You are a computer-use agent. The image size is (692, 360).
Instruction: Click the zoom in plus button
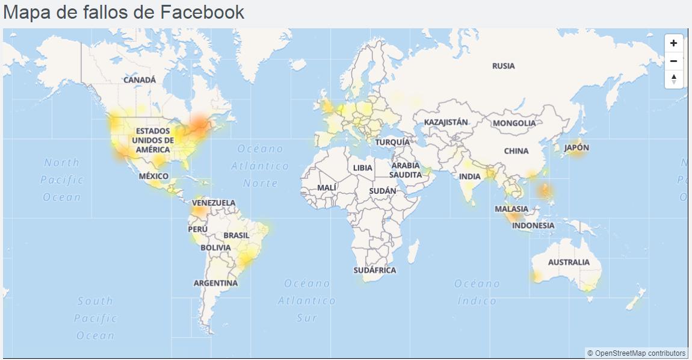tap(673, 43)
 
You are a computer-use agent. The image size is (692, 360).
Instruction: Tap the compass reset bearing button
tap(673, 79)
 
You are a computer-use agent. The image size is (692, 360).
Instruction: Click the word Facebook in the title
tap(202, 12)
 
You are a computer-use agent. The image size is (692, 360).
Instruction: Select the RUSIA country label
tap(503, 66)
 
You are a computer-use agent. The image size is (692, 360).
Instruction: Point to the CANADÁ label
tap(140, 79)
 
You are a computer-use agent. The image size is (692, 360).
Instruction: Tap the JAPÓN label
tap(576, 147)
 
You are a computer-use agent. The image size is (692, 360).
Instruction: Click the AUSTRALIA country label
tap(569, 262)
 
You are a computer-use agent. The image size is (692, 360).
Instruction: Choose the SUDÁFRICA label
tap(375, 270)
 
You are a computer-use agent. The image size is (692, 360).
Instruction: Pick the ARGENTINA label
tap(215, 283)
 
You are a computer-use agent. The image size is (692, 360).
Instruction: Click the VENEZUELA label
tap(214, 203)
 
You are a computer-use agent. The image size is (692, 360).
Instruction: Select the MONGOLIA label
tap(514, 123)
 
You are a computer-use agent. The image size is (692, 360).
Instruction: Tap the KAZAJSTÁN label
tap(446, 122)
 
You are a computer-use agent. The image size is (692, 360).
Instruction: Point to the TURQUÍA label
tap(392, 142)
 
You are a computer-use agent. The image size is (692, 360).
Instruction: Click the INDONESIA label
tap(533, 226)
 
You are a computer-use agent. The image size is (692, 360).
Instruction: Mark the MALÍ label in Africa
tap(327, 188)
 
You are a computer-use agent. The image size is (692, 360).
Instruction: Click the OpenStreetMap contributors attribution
tap(636, 353)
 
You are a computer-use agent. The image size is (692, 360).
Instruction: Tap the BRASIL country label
tap(236, 235)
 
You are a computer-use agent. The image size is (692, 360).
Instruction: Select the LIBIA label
tap(363, 168)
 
